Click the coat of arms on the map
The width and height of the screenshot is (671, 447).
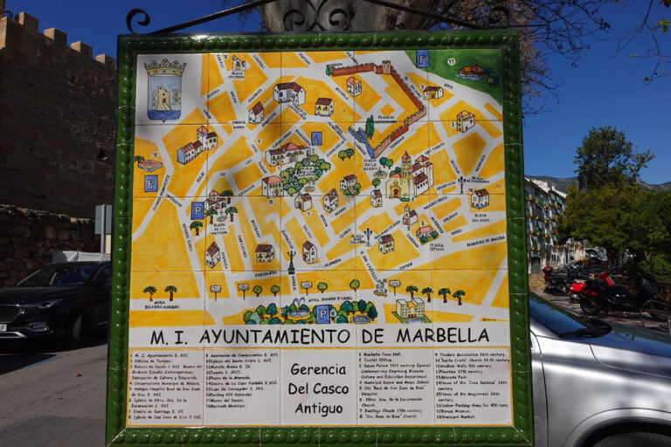[164, 89]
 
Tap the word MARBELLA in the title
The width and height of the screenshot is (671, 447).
[444, 335]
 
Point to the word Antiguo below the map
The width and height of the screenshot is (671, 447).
[317, 408]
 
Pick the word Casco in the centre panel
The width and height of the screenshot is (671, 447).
[333, 388]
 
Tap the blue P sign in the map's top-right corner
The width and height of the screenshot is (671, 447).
[423, 58]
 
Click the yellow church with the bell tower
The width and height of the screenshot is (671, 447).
[401, 180]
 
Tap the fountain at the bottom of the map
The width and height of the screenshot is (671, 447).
[297, 309]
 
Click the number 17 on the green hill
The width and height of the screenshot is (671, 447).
[451, 62]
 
